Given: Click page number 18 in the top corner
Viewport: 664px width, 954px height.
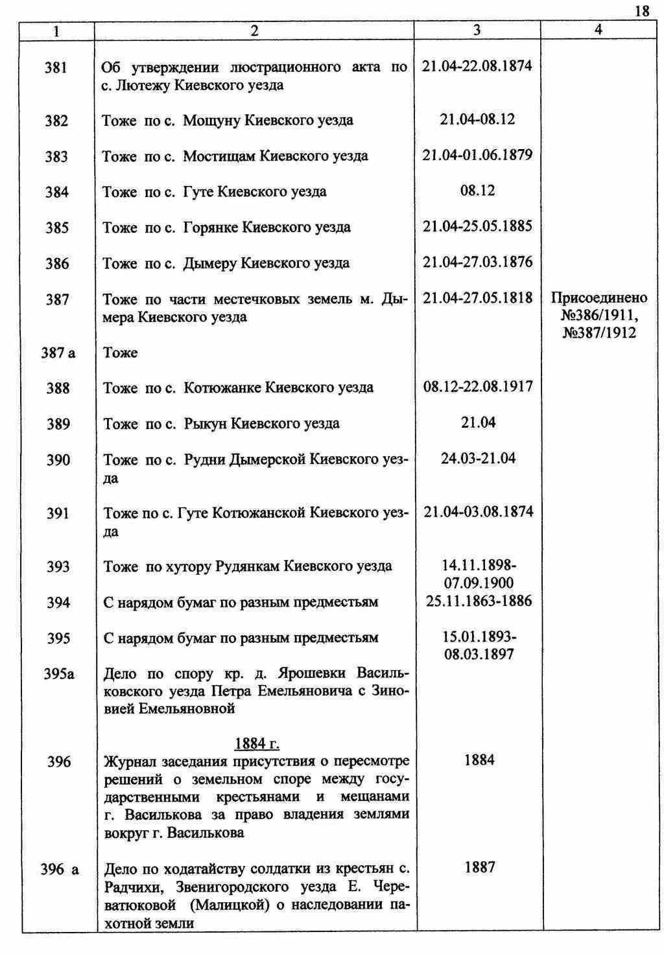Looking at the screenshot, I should (x=642, y=10).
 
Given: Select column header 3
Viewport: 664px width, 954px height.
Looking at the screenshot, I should (x=477, y=30).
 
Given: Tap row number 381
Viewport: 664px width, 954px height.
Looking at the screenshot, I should (x=56, y=67).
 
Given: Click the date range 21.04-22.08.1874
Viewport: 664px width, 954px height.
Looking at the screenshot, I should (x=477, y=66).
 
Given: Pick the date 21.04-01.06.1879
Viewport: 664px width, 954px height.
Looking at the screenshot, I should (x=477, y=155).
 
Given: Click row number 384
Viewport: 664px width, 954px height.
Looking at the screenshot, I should (x=56, y=192).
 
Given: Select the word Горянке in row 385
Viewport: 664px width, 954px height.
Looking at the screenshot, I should (x=211, y=227).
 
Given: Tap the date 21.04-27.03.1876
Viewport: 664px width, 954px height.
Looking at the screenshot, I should (x=477, y=262).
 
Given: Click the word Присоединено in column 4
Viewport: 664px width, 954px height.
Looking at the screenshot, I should (x=599, y=298).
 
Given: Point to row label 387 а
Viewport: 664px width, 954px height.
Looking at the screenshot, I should (x=59, y=353).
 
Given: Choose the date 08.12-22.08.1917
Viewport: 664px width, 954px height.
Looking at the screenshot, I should (x=478, y=387).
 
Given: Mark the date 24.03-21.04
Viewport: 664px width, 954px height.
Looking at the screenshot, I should (x=479, y=458).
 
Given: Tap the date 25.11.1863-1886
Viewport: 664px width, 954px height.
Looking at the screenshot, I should (x=479, y=601).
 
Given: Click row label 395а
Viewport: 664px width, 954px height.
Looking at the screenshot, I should (x=59, y=674).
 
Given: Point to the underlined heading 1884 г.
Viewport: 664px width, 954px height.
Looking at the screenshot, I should (x=257, y=743).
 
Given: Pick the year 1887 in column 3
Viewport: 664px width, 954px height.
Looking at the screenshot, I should (x=480, y=868).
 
